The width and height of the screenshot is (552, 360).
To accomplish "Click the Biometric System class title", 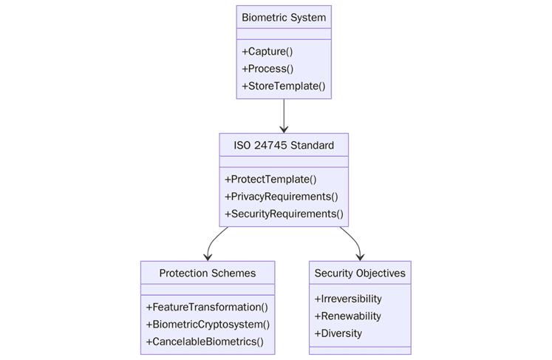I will tap(284, 17).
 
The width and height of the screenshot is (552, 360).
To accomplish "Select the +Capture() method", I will tap(267, 52).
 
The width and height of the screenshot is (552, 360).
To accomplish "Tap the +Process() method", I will tap(268, 69).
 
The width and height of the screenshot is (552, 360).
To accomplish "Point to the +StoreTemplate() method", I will tap(283, 86).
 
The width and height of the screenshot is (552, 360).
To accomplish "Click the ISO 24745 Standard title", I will tap(284, 145).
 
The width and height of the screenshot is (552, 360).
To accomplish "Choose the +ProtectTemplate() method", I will tap(270, 180).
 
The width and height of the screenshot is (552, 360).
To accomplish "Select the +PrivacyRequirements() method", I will tap(281, 197).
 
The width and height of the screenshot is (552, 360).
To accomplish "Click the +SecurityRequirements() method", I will tap(284, 214).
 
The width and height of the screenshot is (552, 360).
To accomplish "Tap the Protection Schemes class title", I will tap(208, 273).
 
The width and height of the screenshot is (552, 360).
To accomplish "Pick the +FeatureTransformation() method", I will tap(207, 307).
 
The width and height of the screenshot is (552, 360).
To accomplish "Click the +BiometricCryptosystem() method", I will tap(208, 324).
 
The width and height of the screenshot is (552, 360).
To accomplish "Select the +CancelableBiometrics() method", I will tap(205, 342).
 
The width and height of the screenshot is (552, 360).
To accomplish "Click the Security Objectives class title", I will tap(360, 273).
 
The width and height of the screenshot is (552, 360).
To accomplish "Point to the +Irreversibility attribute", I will tap(348, 299).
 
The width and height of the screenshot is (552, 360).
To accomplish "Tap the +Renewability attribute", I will tap(347, 316).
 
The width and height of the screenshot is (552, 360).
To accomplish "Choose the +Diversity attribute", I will tap(338, 333).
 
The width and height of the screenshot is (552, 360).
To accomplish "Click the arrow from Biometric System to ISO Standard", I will tap(284, 116).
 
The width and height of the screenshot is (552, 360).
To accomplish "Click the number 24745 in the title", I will tap(271, 145).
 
